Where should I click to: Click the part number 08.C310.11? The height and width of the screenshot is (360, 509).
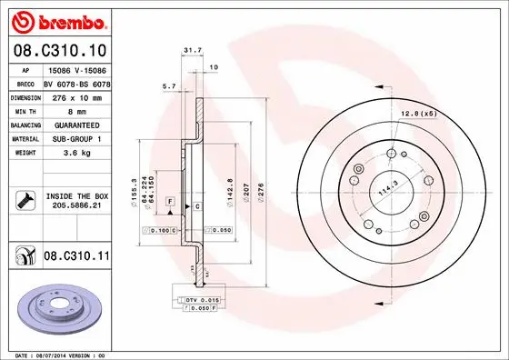(x=77, y=258)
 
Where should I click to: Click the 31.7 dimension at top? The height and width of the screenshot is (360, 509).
(x=191, y=51)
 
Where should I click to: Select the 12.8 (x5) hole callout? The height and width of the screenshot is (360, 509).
(x=416, y=113)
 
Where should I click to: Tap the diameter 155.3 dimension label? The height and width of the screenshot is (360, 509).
(x=134, y=192)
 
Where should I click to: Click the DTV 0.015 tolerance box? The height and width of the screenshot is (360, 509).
(x=202, y=300)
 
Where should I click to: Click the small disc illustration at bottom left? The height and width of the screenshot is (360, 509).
(x=59, y=305)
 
